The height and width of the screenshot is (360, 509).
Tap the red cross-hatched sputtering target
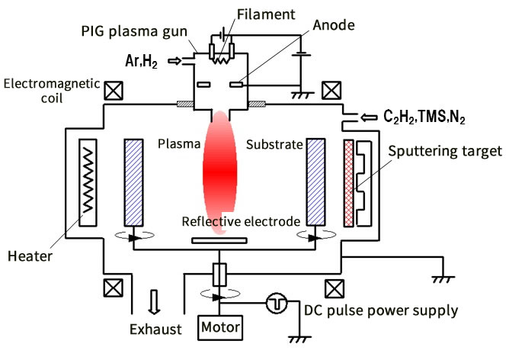click(x=350, y=182)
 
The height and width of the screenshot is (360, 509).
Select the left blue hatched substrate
click(x=134, y=182)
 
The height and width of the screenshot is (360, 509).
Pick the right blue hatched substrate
click(x=316, y=182)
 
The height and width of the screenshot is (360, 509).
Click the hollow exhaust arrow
click(x=155, y=302)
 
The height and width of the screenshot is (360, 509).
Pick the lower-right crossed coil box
click(x=333, y=288)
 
